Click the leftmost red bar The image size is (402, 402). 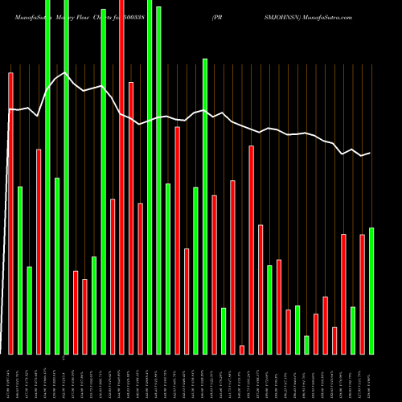tap(11, 213)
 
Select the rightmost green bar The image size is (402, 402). tap(371, 291)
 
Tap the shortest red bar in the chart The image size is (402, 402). tap(242, 350)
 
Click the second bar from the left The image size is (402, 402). tap(20, 270)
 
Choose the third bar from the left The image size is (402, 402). tap(30, 310)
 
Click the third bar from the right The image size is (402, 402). tap(353, 330)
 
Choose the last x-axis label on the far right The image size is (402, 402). tap(371, 378)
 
